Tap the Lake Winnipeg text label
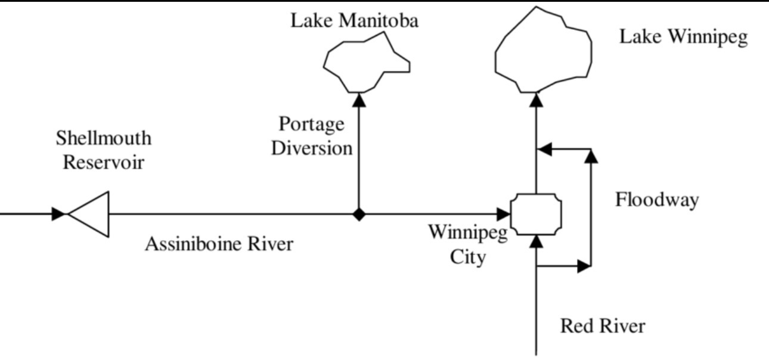(x=683, y=37)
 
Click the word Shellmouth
(x=104, y=139)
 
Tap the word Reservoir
(x=104, y=162)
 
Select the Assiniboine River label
(x=219, y=244)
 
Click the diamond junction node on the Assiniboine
(x=359, y=214)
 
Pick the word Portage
(x=312, y=125)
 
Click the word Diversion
(x=312, y=148)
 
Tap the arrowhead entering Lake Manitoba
(x=359, y=98)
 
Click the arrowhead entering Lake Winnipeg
(x=537, y=98)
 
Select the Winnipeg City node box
(x=537, y=214)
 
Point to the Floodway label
(x=656, y=200)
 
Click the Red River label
(x=603, y=326)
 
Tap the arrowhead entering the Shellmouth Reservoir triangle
(x=58, y=214)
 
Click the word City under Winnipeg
(x=468, y=259)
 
